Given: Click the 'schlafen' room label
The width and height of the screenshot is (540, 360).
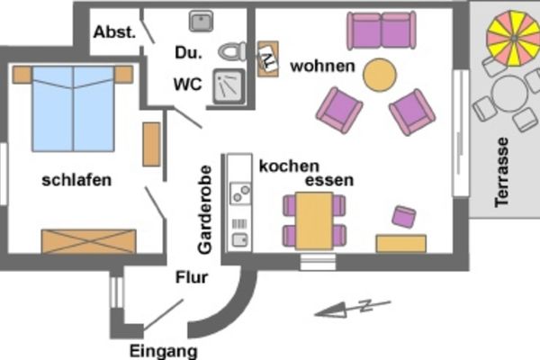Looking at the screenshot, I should pos(76,180).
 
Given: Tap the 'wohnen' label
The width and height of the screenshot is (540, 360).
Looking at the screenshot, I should pos(322,66).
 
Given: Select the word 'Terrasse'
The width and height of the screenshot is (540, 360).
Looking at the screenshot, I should pos(501,172).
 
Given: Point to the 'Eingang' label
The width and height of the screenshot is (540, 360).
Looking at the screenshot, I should pos(163,350).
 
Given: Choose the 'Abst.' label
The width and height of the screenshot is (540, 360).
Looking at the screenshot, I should pos(114,31).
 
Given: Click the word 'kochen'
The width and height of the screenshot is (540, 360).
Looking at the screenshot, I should pos(289,166).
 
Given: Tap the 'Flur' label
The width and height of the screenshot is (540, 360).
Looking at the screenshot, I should pos(192,277).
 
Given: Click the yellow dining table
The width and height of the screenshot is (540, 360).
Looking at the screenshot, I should pos(314,220).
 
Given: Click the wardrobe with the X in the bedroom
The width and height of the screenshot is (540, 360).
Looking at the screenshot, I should pos(88,241).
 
